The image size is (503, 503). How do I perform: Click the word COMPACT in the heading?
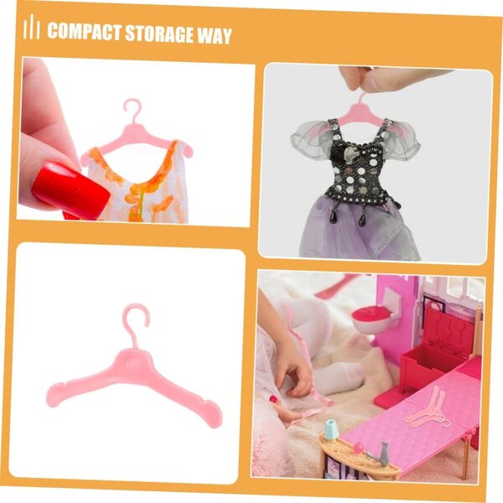pyautogui.click(x=85, y=32)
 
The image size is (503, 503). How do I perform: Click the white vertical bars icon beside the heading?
pyautogui.click(x=31, y=27)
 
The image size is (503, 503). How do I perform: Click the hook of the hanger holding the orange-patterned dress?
pyautogui.click(x=133, y=109)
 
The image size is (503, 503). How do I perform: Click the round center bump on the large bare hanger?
pyautogui.click(x=132, y=364)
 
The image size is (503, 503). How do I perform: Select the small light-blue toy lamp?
pyautogui.click(x=332, y=430)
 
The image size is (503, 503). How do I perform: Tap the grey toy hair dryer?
pyautogui.click(x=380, y=454)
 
